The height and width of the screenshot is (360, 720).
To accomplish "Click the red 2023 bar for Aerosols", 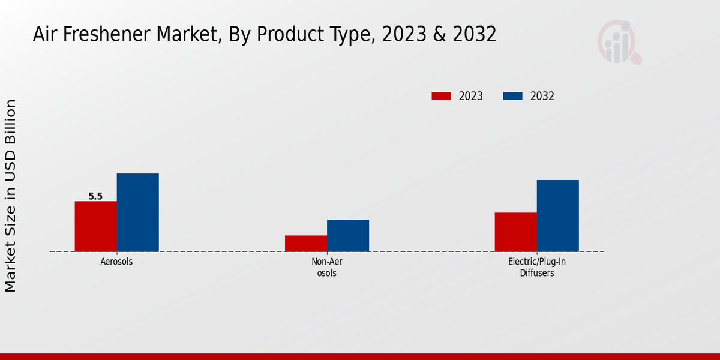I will [x=95, y=226].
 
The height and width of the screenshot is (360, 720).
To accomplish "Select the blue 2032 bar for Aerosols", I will [x=137, y=212].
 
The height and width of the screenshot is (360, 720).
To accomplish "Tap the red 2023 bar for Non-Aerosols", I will [x=306, y=243].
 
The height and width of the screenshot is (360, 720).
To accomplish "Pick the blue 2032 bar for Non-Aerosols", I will [x=348, y=235].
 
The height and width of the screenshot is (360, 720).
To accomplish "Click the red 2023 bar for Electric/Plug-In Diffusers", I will [x=515, y=232].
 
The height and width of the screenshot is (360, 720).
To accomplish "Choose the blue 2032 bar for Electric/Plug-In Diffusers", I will [x=557, y=215].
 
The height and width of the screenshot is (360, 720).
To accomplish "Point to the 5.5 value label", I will [x=95, y=196].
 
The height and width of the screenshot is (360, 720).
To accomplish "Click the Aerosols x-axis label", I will [x=116, y=262].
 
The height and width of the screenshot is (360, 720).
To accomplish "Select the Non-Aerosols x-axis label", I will [x=327, y=267].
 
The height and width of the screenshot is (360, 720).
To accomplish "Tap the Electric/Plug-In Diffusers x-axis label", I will [x=536, y=267].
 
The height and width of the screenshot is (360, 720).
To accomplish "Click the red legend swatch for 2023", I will [x=441, y=96].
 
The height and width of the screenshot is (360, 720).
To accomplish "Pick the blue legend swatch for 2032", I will [x=512, y=96].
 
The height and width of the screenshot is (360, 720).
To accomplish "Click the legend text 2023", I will [x=471, y=96].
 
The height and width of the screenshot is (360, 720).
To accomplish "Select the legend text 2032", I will [x=542, y=96].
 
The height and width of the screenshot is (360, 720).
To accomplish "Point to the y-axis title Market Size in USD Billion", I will [x=11, y=196].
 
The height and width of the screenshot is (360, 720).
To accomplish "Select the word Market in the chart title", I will [x=185, y=35].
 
